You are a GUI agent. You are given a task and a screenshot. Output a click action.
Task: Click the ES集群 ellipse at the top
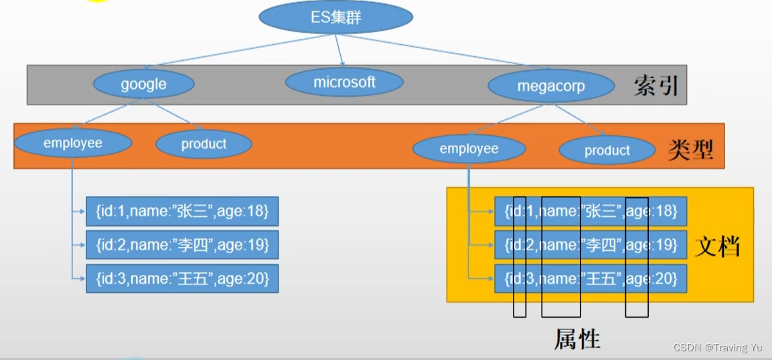[335, 17]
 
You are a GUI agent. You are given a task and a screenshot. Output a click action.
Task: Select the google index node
[143, 84]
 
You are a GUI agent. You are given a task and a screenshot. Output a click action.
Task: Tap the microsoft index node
[344, 82]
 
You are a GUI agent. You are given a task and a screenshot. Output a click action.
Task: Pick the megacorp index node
[550, 86]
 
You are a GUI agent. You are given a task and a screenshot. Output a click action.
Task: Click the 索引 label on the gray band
[655, 86]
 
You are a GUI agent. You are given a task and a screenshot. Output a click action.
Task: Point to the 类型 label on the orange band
[690, 150]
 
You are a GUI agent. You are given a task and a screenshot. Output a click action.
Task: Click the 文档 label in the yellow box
[718, 246]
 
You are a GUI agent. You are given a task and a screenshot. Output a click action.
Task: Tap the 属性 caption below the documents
[576, 339]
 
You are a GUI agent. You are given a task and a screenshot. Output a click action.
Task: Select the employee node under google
[72, 143]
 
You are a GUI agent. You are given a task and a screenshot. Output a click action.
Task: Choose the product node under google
[204, 144]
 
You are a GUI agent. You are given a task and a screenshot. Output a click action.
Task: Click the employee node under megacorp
[469, 149]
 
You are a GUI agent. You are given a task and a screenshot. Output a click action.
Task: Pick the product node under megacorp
[607, 151]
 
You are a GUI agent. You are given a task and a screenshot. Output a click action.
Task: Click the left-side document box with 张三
[182, 211]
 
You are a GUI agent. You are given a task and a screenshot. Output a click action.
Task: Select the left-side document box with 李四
[182, 245]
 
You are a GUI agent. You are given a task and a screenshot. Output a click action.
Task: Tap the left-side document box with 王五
[182, 278]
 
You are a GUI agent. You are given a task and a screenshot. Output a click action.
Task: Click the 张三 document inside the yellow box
[591, 211]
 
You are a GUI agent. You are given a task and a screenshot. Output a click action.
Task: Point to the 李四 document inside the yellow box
[591, 245]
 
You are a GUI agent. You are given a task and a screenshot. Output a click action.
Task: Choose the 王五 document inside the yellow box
[591, 278]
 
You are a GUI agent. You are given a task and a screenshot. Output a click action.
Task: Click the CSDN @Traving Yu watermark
[717, 347]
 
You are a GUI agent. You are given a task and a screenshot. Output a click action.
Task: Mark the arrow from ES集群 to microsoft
[339, 50]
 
